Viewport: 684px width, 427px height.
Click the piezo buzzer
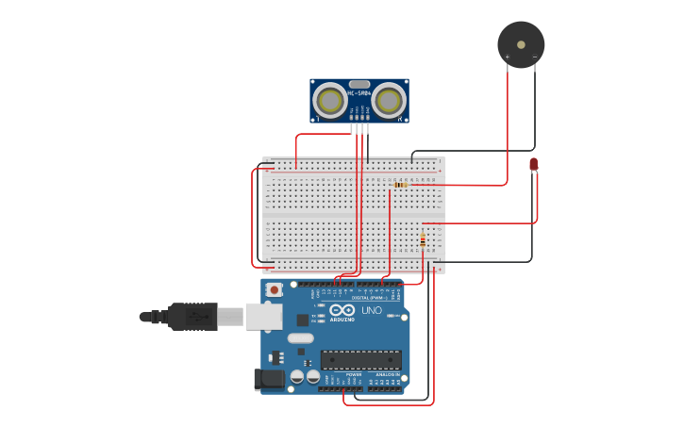(x=521, y=44)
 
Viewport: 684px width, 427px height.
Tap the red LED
(x=533, y=165)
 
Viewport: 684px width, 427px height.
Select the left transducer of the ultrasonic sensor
(x=330, y=100)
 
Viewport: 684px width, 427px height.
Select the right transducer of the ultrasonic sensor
(x=388, y=100)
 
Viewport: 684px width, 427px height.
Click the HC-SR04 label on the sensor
(x=359, y=93)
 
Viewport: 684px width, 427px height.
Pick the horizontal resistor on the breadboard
(x=401, y=185)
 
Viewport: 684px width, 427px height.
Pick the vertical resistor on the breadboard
(x=422, y=240)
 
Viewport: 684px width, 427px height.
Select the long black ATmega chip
(x=360, y=359)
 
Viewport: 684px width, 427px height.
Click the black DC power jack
(x=269, y=379)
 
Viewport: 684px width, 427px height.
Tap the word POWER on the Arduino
(x=354, y=374)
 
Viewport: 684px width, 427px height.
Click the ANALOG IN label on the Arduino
(x=387, y=374)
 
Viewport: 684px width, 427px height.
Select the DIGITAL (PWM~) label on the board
(x=367, y=297)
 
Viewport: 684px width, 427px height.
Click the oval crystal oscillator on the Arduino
(x=300, y=338)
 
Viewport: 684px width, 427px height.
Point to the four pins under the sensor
(x=359, y=129)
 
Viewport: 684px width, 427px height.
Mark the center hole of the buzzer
(x=521, y=43)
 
